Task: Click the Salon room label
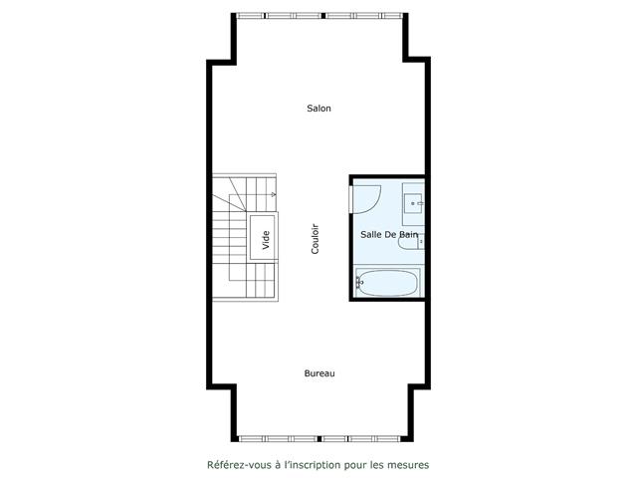318,109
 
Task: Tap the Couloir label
315,238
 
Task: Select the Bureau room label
318,373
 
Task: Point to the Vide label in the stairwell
266,239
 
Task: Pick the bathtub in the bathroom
390,283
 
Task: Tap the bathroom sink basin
416,203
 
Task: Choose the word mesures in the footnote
411,464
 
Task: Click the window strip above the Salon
318,15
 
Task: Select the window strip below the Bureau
318,437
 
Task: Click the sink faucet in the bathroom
422,203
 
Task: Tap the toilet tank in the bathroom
420,240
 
